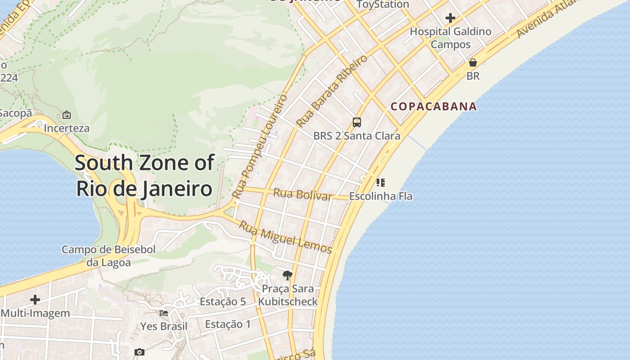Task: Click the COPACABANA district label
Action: [433, 106]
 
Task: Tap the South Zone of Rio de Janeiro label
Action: [144, 175]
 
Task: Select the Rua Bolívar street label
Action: [303, 194]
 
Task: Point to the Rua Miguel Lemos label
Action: [285, 237]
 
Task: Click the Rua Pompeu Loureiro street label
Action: [260, 146]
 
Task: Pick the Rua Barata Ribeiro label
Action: [332, 91]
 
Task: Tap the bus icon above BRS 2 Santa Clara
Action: [357, 122]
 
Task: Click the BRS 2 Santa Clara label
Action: [356, 135]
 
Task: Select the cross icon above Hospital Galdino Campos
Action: [450, 18]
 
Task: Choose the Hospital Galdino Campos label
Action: [450, 38]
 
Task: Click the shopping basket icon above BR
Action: [473, 63]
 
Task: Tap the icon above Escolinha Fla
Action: [381, 183]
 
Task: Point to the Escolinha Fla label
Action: [381, 196]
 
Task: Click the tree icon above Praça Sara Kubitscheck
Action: [288, 275]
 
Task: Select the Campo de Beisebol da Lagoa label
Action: [108, 256]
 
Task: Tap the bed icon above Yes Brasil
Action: [164, 313]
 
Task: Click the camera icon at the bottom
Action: [139, 352]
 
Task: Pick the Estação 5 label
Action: [223, 301]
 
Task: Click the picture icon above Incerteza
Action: [67, 115]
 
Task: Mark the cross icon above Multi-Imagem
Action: [35, 300]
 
